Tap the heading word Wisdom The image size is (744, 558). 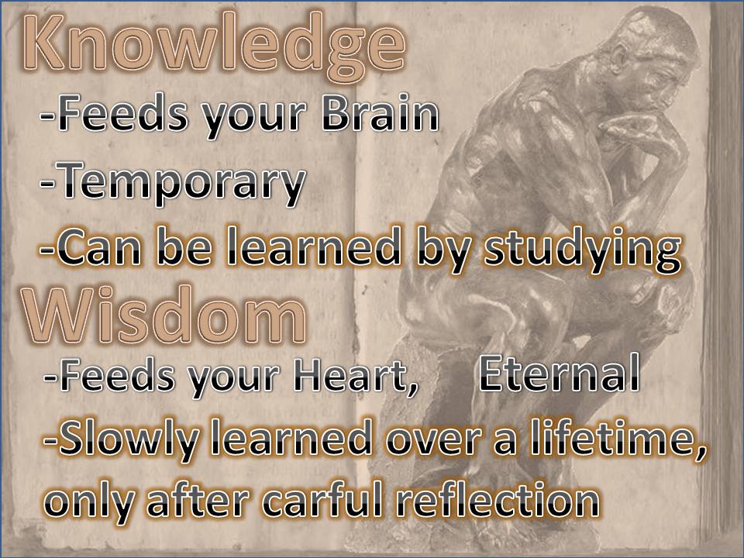(164, 315)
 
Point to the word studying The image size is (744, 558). (582, 250)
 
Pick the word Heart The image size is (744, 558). (356, 375)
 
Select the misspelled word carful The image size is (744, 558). (322, 501)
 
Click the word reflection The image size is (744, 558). (498, 501)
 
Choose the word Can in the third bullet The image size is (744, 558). (98, 248)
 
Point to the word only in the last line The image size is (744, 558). (88, 503)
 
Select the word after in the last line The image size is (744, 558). (198, 501)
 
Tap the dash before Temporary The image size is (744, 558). (46, 182)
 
